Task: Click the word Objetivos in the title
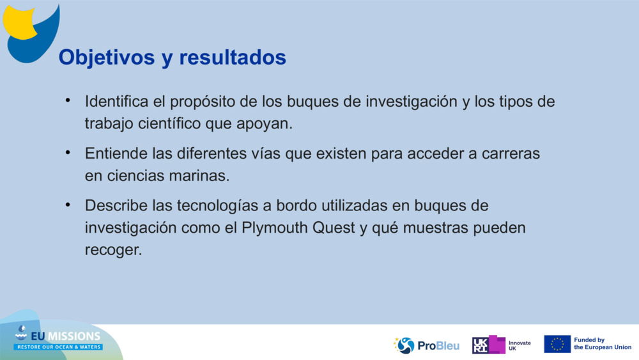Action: [103, 58]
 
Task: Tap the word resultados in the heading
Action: [233, 58]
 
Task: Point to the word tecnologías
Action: [203, 207]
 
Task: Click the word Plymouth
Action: [279, 228]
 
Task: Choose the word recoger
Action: [113, 250]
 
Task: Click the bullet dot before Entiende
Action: [67, 153]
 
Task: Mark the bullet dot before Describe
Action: [67, 206]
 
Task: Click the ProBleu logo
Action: [426, 345]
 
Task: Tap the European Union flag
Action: [557, 344]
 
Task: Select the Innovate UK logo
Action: [501, 345]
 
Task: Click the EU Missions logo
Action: [58, 340]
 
